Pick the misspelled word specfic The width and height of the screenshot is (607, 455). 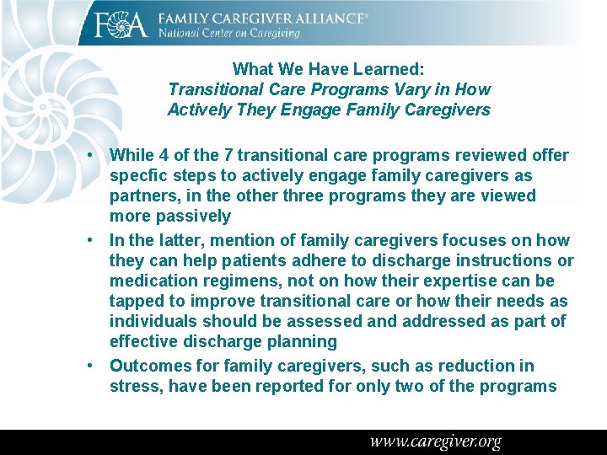[137, 176]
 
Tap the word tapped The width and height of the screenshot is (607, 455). [136, 302]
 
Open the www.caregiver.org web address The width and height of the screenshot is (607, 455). [435, 442]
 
